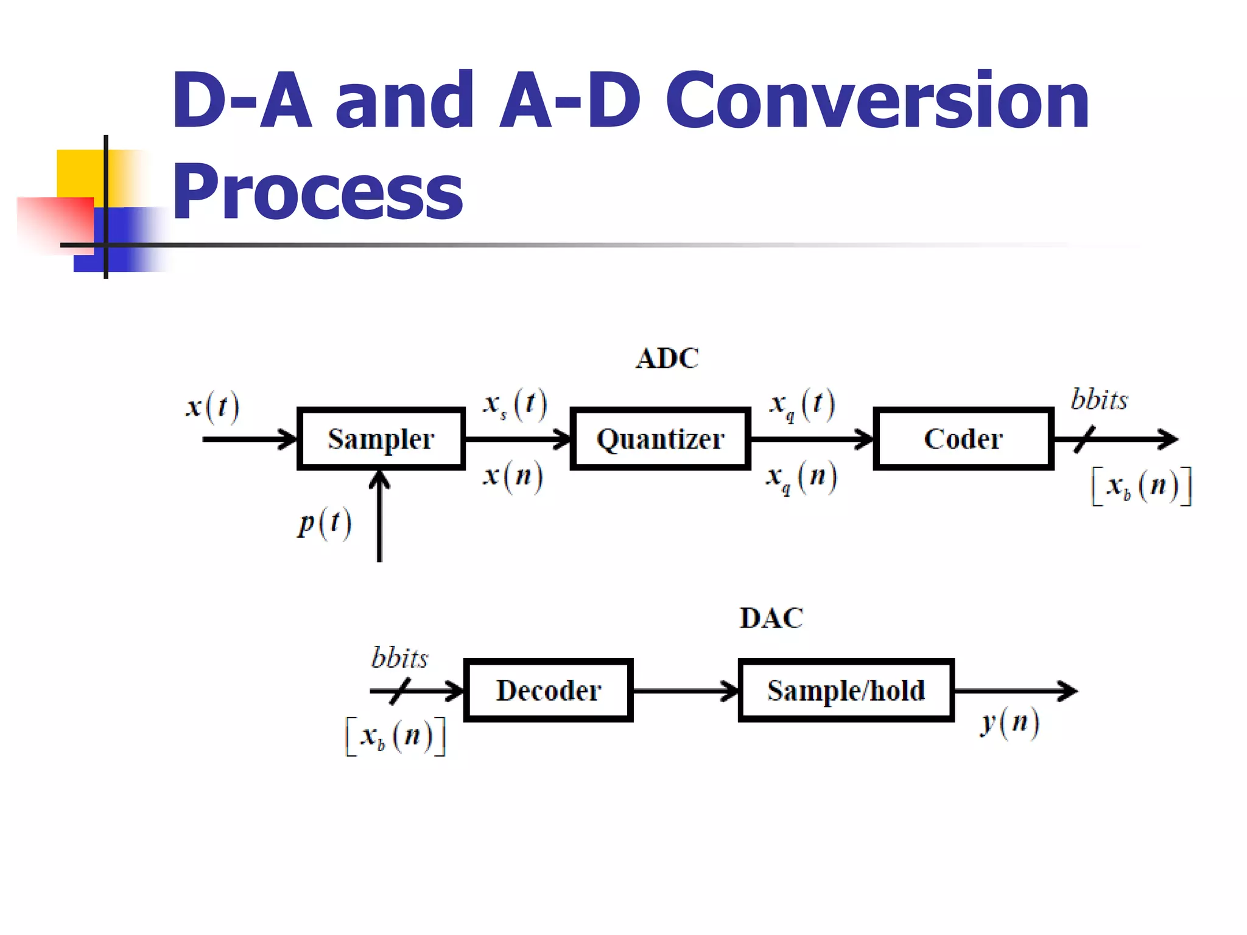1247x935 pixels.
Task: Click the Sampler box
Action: [x=381, y=439]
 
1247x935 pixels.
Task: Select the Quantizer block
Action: [x=660, y=439]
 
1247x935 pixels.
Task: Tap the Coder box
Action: [x=963, y=439]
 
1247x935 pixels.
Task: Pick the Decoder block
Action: [x=549, y=690]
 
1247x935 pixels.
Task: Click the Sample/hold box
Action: [x=846, y=690]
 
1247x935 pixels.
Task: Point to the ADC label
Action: [x=667, y=359]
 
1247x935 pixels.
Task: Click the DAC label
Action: [x=771, y=618]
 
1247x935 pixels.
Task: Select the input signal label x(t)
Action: [x=213, y=407]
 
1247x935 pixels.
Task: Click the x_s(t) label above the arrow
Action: [x=515, y=404]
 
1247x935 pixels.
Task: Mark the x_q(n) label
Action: [x=802, y=478]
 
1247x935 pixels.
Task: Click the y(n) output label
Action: [x=1010, y=723]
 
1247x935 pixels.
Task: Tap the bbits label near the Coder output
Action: [x=1099, y=400]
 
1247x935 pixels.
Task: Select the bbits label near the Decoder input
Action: [x=400, y=658]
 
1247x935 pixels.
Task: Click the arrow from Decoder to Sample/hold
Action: [x=685, y=691]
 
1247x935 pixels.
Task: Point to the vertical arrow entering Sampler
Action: [x=379, y=517]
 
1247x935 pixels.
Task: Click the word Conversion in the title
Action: [x=877, y=100]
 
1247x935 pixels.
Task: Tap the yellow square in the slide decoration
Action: [x=79, y=173]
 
